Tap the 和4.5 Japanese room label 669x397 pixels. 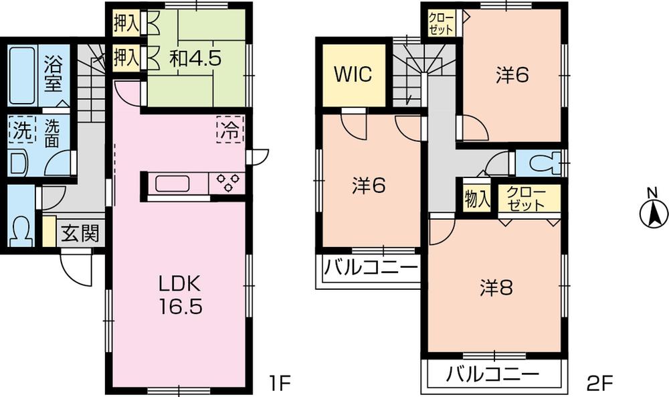(x=195, y=58)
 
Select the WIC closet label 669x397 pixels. (x=355, y=74)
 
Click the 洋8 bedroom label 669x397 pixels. (x=496, y=288)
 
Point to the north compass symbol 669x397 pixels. (x=654, y=214)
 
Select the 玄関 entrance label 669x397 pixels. (x=80, y=234)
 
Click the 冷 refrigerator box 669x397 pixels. (x=229, y=129)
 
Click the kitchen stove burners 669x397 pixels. (x=226, y=182)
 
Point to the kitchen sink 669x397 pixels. (x=175, y=183)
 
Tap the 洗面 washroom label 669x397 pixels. (x=54, y=132)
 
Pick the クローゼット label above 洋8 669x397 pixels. (x=527, y=199)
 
